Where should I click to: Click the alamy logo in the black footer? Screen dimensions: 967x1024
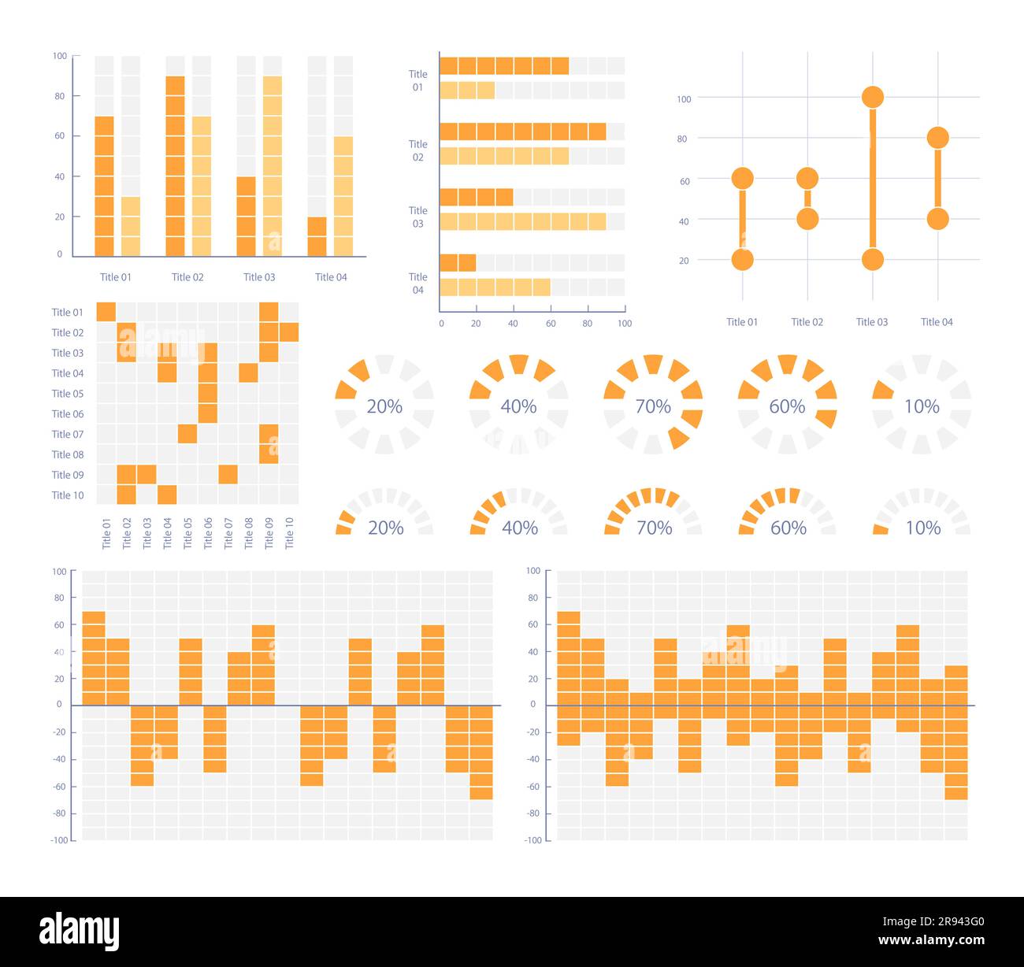coord(80,932)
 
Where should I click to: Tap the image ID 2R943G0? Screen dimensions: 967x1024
coord(933,922)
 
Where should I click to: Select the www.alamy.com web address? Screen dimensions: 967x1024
coord(931,940)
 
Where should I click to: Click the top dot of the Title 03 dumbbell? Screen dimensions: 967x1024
coord(872,98)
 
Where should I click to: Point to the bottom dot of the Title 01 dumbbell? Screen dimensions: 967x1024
coord(742,259)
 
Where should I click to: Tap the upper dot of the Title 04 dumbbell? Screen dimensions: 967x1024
coord(937,138)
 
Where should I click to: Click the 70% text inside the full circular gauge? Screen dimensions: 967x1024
coord(653,406)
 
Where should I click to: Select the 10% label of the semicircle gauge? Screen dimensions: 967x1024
coord(923,528)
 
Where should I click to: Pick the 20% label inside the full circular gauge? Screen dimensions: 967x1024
coord(384,406)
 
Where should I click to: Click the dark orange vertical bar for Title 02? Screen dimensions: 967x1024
coord(175,166)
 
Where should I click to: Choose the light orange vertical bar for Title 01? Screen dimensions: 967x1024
coord(131,226)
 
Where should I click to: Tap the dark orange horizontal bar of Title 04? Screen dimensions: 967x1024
coord(458,263)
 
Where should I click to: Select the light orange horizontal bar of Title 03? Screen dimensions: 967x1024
coord(522,221)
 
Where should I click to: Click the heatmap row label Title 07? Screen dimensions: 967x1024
coord(68,434)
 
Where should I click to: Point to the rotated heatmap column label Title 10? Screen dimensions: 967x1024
coord(289,533)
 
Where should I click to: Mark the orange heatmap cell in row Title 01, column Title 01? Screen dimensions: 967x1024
coord(106,312)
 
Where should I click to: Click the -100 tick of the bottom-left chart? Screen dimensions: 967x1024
coord(59,840)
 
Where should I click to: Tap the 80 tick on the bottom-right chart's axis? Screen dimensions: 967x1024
coord(533,598)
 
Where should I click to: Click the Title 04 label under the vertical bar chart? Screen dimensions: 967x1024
coord(331,277)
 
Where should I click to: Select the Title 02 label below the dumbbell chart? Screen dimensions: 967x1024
coord(807,322)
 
